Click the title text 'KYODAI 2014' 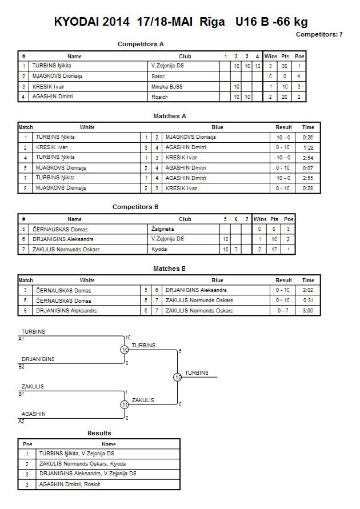[x=91, y=22]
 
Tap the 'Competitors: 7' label [x=319, y=34]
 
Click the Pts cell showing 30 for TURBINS [x=285, y=66]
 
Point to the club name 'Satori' [x=158, y=77]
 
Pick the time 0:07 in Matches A [x=308, y=168]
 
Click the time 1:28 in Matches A [x=308, y=148]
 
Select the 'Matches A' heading [x=170, y=116]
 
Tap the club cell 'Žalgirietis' [x=163, y=229]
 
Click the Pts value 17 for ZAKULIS [x=274, y=249]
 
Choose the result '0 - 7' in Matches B [x=283, y=311]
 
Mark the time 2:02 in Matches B [x=308, y=290]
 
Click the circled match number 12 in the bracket [x=178, y=377]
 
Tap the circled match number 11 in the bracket [x=125, y=405]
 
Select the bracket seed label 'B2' [x=21, y=367]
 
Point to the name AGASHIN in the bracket [x=34, y=414]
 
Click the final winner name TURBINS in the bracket [x=197, y=373]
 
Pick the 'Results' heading [x=99, y=434]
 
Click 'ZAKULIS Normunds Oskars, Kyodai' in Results [x=83, y=464]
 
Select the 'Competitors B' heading [x=135, y=207]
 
